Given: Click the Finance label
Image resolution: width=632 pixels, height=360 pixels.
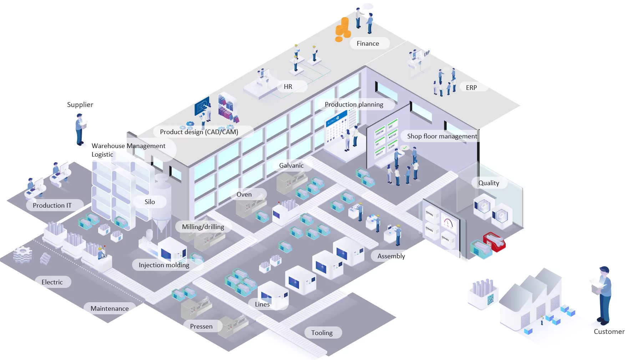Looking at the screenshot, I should tap(368, 44).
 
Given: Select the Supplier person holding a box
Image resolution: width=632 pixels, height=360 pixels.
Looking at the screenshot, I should tap(80, 129).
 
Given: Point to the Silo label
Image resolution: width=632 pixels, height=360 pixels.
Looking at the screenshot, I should tap(150, 202).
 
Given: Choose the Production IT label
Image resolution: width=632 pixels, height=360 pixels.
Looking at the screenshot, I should tap(52, 206).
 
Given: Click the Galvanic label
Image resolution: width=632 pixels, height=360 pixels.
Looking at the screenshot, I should tap(291, 166).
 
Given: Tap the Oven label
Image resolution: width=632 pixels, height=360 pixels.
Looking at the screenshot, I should tap(244, 194).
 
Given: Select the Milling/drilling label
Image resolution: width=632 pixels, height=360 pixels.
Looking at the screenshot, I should tap(203, 227).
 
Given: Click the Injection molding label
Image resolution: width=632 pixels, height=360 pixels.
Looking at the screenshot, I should tap(164, 265).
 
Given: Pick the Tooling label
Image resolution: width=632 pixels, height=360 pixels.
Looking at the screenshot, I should tap(322, 333).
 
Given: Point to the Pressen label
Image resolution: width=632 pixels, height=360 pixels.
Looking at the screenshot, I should tap(201, 326).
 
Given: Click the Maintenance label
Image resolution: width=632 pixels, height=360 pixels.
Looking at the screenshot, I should tap(110, 309).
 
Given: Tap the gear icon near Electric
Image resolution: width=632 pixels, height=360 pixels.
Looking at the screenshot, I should tap(23, 255).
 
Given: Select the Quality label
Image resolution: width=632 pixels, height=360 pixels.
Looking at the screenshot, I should tap(489, 183).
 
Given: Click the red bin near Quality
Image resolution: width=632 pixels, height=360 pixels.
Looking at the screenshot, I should tap(495, 242).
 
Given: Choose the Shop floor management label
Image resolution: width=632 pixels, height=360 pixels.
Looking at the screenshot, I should tap(442, 136).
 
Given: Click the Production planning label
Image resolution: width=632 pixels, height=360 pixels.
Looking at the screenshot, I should tap(354, 105).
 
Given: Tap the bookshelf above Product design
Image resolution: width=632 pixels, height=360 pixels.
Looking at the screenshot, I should tap(227, 107).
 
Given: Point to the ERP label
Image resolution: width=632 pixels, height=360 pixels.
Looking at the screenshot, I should tap(471, 88).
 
